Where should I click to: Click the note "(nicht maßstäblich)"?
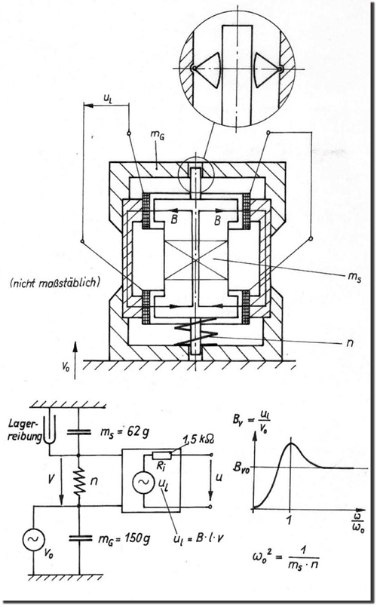click(x=54, y=283)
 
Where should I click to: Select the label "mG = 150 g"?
click(x=124, y=538)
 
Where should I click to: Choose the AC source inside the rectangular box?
click(x=144, y=483)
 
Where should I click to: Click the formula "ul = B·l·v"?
click(x=199, y=538)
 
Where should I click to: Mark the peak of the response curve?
click(x=290, y=443)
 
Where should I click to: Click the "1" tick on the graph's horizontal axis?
click(x=289, y=520)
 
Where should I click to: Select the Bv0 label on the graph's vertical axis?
click(x=241, y=467)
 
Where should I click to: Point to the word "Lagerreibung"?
click(x=24, y=431)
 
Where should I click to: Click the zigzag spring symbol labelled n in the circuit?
click(x=79, y=482)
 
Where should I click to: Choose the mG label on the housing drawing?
click(x=157, y=136)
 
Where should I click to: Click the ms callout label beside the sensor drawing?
click(x=354, y=277)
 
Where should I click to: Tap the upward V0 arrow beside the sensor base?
click(x=75, y=360)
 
